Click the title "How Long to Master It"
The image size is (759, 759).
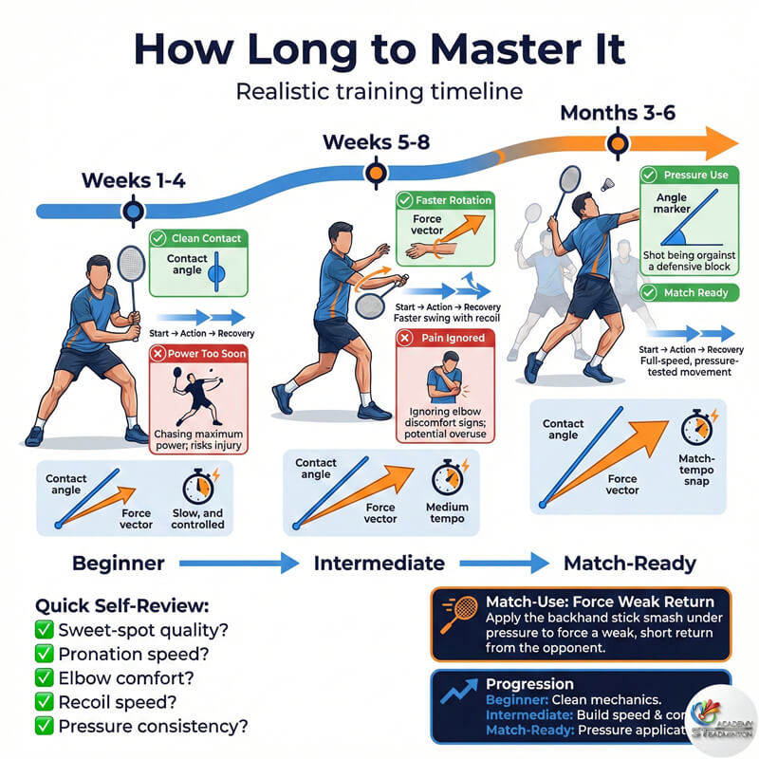point(379,48)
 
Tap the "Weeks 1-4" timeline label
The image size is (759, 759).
point(133,180)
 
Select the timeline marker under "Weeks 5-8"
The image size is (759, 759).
point(377,173)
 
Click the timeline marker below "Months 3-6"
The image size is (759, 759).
point(619,144)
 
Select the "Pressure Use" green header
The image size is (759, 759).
point(687,176)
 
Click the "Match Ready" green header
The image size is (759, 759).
point(687,293)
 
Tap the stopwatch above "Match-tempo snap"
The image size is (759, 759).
point(696,427)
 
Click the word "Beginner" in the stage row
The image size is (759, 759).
point(119,563)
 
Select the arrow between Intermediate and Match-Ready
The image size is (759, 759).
point(513,563)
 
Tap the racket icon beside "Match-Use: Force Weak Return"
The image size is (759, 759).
point(459,615)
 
